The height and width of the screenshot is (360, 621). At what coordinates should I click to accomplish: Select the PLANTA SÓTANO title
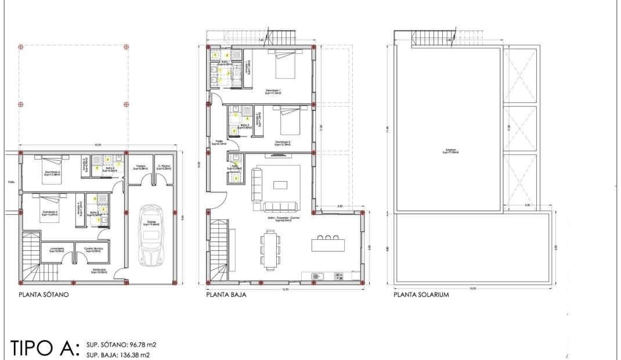(44, 295)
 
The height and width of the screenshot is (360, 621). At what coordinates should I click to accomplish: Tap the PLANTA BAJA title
(226, 295)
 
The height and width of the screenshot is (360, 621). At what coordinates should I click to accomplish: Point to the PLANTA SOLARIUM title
(421, 295)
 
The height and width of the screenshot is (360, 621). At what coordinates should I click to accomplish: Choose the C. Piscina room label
(163, 167)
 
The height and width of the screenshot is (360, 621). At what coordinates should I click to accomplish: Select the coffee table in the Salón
(280, 185)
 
